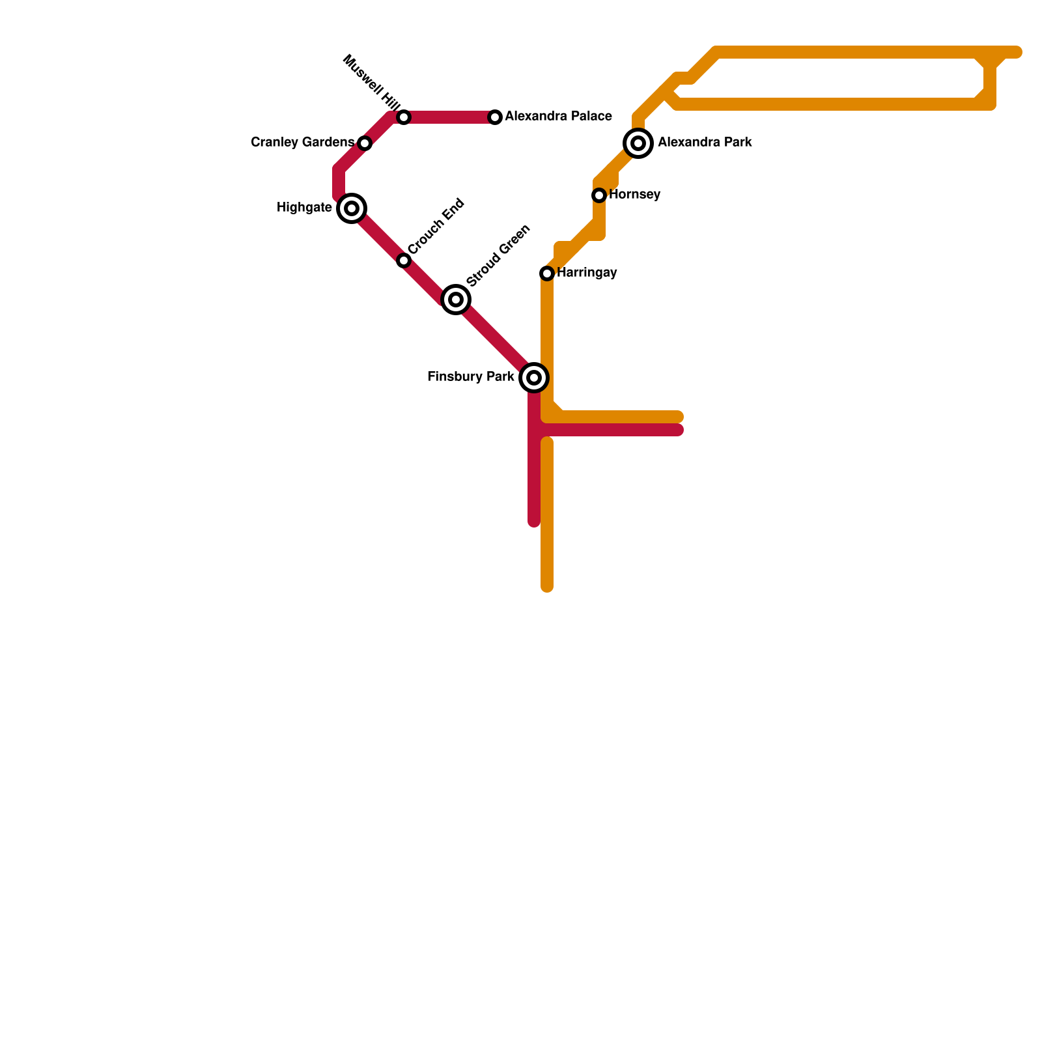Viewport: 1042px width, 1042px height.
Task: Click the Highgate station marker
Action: [352, 208]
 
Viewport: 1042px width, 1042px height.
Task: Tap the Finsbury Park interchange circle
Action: [534, 378]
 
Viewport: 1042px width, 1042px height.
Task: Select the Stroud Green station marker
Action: [456, 300]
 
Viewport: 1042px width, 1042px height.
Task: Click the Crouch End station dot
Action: [404, 260]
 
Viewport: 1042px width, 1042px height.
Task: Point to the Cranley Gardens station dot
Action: [365, 143]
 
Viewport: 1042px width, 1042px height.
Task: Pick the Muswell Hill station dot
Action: [404, 117]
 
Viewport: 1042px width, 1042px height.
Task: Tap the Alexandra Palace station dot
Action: [495, 117]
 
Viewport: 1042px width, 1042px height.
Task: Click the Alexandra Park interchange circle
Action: [638, 143]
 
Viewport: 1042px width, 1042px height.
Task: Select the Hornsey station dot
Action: [599, 195]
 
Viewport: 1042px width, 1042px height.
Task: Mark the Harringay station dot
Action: [547, 274]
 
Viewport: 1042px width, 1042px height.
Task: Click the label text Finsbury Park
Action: [470, 377]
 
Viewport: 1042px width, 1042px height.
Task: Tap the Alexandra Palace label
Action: [558, 117]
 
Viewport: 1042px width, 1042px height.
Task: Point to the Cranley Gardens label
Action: [302, 143]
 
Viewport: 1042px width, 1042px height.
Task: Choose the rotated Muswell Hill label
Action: [371, 82]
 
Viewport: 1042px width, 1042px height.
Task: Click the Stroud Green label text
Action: [499, 255]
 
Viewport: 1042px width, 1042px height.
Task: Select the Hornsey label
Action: [635, 195]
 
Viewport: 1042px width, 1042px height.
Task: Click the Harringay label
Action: [587, 273]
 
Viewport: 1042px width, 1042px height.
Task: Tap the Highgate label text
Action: [304, 208]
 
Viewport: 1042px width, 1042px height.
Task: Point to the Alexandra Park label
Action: [705, 143]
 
